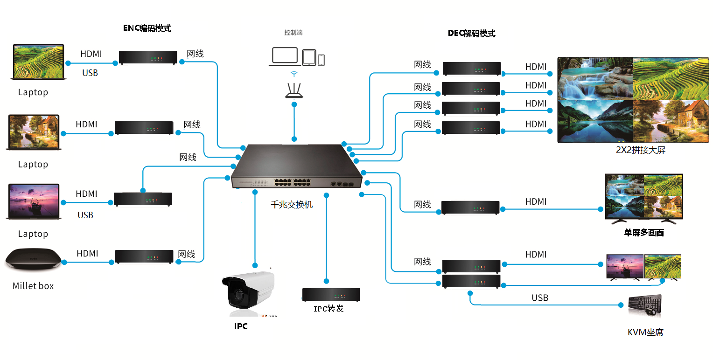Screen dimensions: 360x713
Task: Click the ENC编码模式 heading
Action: pyautogui.click(x=147, y=28)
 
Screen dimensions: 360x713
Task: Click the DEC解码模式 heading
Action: pyautogui.click(x=471, y=34)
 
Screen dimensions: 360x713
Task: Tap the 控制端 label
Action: pyautogui.click(x=294, y=33)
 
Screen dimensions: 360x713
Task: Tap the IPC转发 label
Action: pyautogui.click(x=329, y=308)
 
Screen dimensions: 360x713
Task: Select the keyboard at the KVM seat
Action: pyautogui.click(x=644, y=305)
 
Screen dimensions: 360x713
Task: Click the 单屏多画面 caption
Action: pyautogui.click(x=644, y=232)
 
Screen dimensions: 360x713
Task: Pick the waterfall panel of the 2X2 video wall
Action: pyautogui.click(x=595, y=78)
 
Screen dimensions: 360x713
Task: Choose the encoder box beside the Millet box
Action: pyautogui.click(x=144, y=256)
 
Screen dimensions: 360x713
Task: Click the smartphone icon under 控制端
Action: pyautogui.click(x=321, y=60)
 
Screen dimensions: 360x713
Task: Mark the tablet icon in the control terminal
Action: pyautogui.click(x=309, y=57)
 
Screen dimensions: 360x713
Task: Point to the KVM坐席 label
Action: pyautogui.click(x=645, y=332)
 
